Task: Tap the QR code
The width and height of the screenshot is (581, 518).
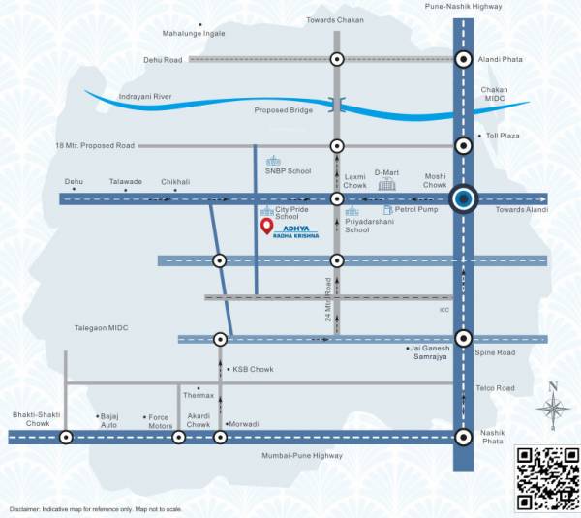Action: [x=544, y=477]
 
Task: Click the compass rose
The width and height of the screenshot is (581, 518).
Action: [x=554, y=408]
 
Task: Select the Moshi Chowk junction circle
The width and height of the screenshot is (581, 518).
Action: [x=465, y=198]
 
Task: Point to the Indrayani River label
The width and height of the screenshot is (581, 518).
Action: [x=144, y=97]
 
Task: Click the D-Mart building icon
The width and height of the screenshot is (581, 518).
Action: [x=386, y=184]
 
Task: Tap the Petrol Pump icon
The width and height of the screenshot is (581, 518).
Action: [x=387, y=209]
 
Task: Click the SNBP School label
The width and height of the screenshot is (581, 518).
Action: [x=289, y=171]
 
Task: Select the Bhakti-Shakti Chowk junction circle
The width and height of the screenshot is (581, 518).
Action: [x=66, y=437]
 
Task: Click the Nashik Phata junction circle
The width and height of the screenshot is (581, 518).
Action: [x=465, y=437]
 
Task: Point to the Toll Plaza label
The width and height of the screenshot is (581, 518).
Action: [x=503, y=137]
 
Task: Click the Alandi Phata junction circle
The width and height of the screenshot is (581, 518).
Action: [x=465, y=59]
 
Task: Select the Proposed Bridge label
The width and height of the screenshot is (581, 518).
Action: [x=284, y=110]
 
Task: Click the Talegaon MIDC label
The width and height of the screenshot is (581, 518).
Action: [x=102, y=328]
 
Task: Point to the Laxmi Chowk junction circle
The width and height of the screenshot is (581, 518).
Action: [x=337, y=198]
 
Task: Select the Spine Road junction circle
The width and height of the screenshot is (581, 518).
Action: [x=465, y=338]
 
